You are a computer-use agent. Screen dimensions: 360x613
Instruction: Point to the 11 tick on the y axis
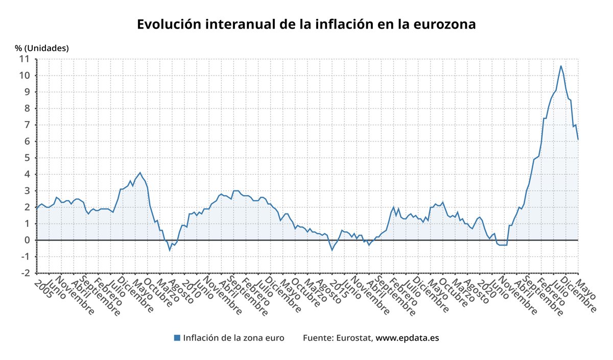tap(25, 59)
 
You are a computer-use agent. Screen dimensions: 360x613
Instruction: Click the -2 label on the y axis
tap(25, 273)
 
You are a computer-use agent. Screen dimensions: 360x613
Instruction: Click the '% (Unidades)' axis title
tap(42, 48)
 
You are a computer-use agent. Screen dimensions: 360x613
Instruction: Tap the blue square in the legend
tap(177, 338)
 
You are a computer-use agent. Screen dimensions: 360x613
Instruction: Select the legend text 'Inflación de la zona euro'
tap(233, 338)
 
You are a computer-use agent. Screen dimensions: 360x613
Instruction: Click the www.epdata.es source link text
tap(407, 338)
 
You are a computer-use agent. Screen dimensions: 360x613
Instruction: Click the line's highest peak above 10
tap(560, 66)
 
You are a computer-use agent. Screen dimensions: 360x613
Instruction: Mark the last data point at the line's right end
tap(578, 139)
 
